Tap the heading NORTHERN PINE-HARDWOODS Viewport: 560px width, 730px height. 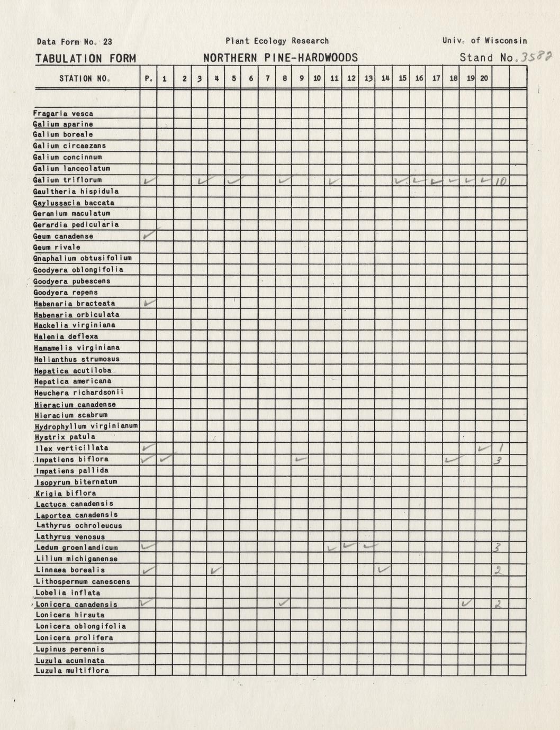[281, 58]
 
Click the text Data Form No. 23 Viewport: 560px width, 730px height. [74, 42]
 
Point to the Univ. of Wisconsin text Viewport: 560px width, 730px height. [484, 41]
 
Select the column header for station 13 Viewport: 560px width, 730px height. [368, 79]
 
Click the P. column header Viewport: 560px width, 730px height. [148, 79]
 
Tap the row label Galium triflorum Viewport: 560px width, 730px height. [67, 180]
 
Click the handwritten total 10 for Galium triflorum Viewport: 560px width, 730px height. [500, 181]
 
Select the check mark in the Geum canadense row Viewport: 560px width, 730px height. [149, 234]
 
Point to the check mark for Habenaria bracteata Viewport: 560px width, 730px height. [149, 303]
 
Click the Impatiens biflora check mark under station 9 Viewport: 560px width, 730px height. [301, 459]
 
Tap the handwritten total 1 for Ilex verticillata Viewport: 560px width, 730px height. [501, 448]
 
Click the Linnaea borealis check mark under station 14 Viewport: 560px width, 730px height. [384, 569]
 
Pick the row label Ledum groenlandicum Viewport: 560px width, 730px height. [76, 547]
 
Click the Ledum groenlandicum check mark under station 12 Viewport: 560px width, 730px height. [349, 545]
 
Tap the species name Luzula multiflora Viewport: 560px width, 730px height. [72, 670]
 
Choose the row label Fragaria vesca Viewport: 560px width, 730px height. [63, 113]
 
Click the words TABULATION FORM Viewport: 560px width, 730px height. [85, 58]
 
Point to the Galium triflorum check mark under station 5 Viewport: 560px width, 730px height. [233, 180]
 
